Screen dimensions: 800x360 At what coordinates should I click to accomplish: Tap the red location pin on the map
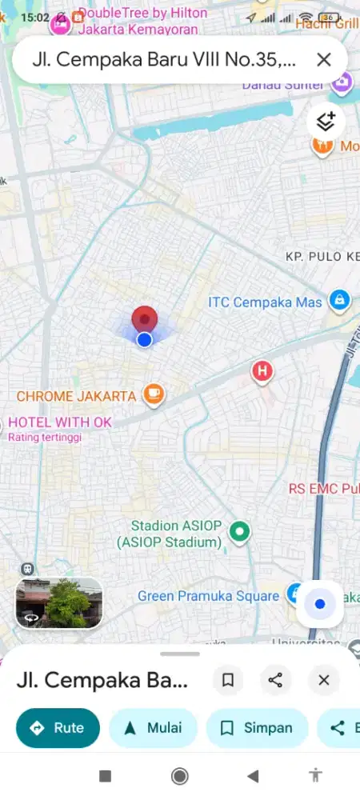[x=144, y=319]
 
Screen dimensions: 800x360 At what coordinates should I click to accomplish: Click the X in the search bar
[x=324, y=59]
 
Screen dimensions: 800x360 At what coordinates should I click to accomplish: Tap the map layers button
[x=326, y=122]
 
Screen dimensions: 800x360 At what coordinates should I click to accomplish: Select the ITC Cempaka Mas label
[x=265, y=302]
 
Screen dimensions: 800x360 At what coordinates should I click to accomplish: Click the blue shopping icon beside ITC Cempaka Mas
[x=339, y=301]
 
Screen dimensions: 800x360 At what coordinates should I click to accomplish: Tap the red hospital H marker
[x=262, y=371]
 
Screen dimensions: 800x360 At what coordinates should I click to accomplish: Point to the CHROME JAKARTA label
[x=76, y=396]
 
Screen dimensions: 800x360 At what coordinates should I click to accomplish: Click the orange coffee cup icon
[x=154, y=394]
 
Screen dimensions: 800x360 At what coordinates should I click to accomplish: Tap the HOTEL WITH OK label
[x=60, y=422]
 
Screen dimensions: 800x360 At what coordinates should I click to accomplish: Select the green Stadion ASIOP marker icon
[x=238, y=530]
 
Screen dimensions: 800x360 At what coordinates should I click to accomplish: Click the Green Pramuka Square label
[x=208, y=596]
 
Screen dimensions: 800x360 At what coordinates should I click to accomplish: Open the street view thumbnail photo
[x=58, y=602]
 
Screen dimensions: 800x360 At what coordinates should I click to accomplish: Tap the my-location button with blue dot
[x=320, y=604]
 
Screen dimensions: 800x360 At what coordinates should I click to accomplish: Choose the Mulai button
[x=153, y=728]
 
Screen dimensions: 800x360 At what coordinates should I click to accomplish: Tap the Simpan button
[x=257, y=728]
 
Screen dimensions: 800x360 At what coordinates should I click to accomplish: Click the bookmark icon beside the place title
[x=228, y=680]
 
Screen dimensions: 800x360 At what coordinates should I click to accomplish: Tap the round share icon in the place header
[x=276, y=680]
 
